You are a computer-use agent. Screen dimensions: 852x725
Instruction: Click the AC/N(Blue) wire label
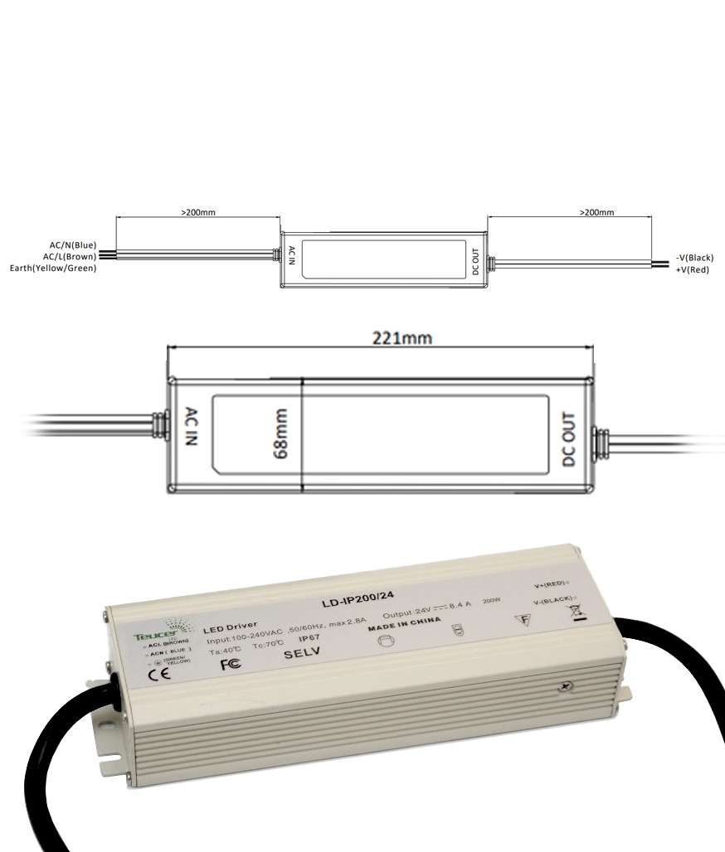73,244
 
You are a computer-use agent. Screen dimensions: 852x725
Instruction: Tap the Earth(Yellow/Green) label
53,268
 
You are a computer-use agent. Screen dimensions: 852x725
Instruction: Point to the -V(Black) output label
693,258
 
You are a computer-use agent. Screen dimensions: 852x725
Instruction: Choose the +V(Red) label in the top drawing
692,269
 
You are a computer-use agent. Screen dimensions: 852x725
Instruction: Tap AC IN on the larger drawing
190,428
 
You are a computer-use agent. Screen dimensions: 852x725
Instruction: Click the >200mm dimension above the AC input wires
198,212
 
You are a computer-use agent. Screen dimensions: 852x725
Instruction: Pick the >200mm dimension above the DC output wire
596,212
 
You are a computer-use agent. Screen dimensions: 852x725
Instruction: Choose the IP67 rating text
309,638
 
